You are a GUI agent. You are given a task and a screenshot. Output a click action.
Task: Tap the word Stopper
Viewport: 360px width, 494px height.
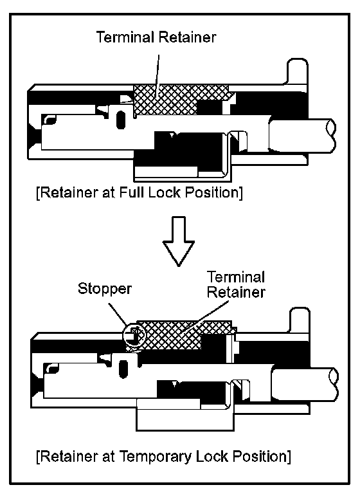(105, 289)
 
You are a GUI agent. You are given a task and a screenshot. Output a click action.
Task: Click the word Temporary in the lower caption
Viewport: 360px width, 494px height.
(155, 457)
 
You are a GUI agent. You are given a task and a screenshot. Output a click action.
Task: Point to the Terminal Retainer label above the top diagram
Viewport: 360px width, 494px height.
(156, 37)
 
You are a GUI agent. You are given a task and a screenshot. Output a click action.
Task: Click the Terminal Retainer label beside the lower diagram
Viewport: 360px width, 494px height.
(236, 284)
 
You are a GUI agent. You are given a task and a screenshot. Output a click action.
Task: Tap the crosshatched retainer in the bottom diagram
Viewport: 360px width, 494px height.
(176, 336)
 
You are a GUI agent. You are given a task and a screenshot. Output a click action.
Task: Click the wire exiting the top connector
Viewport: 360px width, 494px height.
(302, 134)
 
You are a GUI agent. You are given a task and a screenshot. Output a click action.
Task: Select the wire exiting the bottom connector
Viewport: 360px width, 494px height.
(305, 384)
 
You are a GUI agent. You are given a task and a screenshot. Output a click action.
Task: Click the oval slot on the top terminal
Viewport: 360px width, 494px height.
(121, 120)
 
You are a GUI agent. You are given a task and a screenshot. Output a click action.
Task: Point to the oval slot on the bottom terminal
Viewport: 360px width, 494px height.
(123, 369)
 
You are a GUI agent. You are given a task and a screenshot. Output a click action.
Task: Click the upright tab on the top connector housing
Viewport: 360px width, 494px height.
(297, 72)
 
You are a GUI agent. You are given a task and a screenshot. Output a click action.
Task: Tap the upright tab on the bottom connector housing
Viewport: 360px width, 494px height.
(300, 321)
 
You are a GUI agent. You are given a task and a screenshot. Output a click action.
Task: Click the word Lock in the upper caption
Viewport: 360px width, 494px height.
(165, 192)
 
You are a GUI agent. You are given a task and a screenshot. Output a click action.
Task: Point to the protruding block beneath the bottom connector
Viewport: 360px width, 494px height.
(185, 416)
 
